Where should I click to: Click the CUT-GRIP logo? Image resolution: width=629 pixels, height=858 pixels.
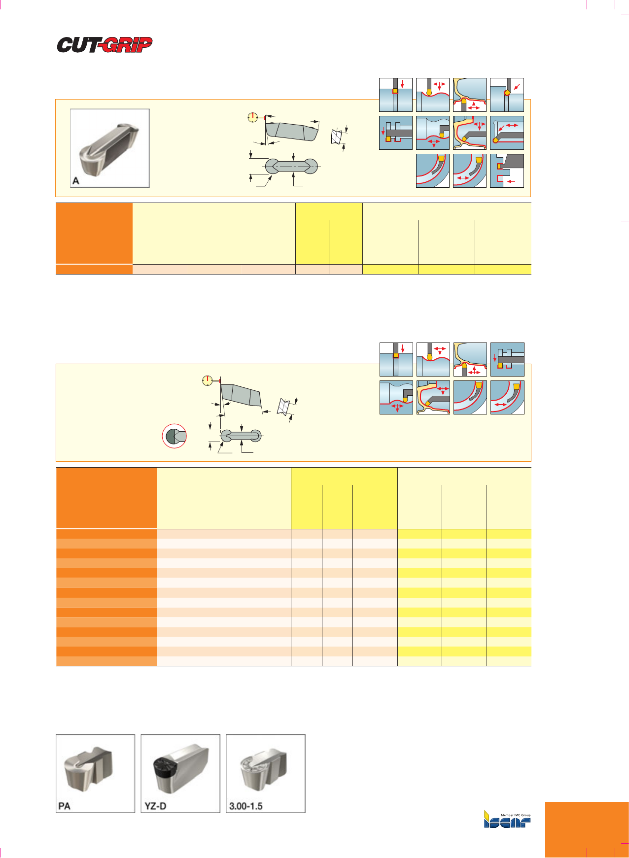point(105,45)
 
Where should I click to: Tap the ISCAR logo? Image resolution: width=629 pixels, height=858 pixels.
point(507,820)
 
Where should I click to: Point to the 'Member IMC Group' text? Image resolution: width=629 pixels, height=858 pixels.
point(516,816)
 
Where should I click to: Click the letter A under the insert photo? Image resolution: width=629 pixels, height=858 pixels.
point(76,181)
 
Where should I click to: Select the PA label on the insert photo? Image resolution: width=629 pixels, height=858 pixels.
point(65,806)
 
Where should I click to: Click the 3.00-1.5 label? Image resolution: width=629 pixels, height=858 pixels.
point(245,806)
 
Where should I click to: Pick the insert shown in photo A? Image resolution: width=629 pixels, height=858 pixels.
point(109,148)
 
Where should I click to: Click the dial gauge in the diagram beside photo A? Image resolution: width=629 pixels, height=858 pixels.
point(252,117)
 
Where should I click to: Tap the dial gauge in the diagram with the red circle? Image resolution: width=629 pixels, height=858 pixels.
point(208,380)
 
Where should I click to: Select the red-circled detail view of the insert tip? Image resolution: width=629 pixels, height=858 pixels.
point(175,436)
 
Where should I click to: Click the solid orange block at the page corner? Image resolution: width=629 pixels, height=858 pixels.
point(587,830)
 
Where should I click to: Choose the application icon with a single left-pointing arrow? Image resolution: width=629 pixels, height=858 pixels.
point(507,171)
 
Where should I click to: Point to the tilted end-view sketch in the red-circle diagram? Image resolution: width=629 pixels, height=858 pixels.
point(283,406)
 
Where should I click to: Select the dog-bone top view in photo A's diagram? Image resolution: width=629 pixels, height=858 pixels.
point(292,166)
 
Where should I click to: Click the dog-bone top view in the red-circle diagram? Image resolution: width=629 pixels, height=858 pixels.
point(241,436)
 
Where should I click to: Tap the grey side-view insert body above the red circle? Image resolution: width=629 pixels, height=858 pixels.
point(241,395)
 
